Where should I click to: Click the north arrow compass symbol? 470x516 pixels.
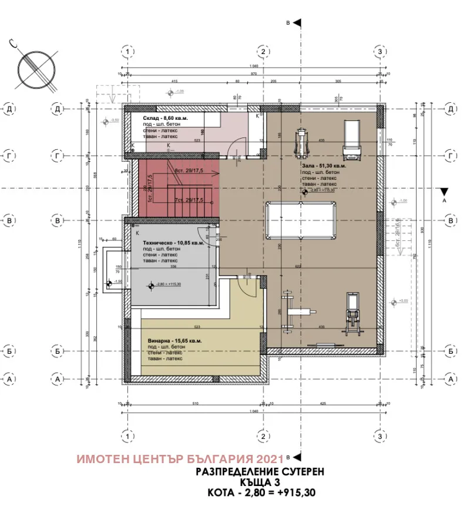point(37,69)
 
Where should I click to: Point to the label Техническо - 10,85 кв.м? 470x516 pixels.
point(174,242)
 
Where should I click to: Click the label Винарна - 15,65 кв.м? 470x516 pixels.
point(174,341)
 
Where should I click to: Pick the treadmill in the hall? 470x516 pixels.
point(352,139)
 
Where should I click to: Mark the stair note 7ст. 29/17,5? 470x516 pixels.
point(189,200)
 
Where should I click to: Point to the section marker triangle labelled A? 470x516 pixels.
point(444,192)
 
